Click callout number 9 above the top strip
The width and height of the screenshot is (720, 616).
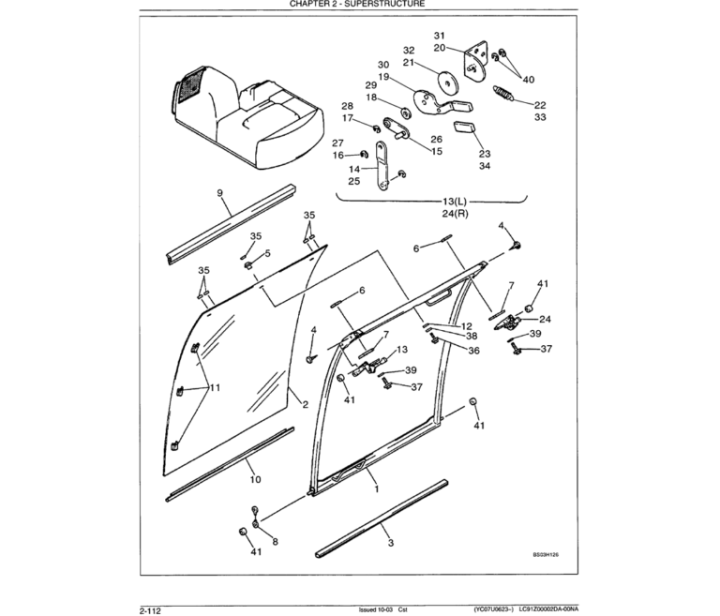pos(218,193)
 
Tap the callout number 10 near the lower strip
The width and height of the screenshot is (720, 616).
pos(254,479)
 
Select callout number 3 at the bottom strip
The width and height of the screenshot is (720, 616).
pos(390,541)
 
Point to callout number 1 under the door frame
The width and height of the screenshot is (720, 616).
pos(376,488)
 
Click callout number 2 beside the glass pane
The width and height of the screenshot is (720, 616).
pos(305,404)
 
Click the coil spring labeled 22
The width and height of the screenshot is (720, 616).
pos(505,95)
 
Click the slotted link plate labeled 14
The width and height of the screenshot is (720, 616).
pos(383,164)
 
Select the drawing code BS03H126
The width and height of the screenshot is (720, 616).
pos(551,554)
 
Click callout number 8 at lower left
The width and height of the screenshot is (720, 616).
pos(274,542)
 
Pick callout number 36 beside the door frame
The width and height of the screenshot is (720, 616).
pos(473,350)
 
